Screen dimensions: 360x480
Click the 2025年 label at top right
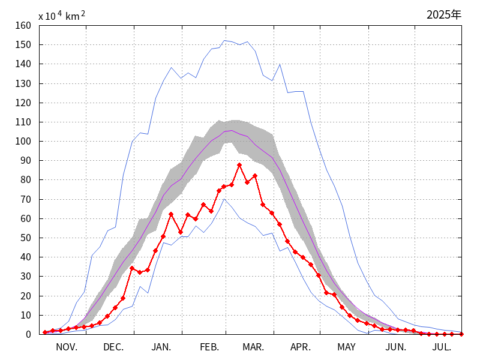[444, 15]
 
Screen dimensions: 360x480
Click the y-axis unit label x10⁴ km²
[62, 16]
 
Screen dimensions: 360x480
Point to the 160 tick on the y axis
[23, 26]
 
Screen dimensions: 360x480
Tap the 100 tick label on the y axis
[23, 142]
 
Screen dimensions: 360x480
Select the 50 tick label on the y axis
[26, 238]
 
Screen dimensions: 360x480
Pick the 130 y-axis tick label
[23, 83]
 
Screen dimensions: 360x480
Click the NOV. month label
[67, 347]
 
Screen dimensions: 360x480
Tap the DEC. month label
[113, 347]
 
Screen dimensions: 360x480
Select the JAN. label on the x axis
[161, 347]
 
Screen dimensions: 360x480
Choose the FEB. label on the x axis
[209, 347]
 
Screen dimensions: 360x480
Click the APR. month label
[301, 347]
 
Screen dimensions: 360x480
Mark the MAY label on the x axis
[346, 347]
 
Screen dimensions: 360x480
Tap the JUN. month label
[396, 347]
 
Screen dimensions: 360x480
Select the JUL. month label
[442, 347]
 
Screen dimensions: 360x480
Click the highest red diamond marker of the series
[239, 165]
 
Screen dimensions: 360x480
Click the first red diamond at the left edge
[45, 332]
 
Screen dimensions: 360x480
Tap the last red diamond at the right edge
[461, 334]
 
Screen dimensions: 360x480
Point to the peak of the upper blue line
[224, 41]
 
